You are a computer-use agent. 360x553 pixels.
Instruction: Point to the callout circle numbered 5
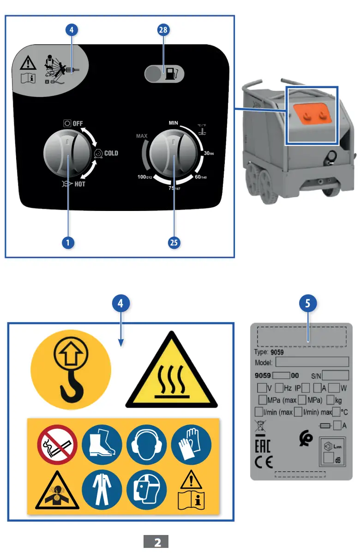(x=308, y=303)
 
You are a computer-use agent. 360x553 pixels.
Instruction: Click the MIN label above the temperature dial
(x=174, y=123)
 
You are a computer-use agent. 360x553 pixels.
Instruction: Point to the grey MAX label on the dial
(x=141, y=136)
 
